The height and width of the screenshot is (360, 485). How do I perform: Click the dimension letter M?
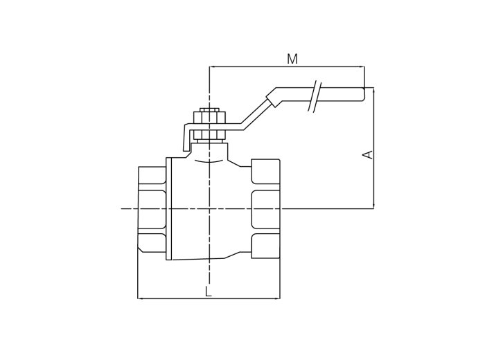[x=292, y=59]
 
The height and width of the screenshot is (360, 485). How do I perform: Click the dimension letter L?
[x=209, y=291]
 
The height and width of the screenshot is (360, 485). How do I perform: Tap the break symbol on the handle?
[x=315, y=96]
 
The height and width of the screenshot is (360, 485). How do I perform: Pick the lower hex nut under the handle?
[x=210, y=135]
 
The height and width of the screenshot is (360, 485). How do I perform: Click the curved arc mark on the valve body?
[x=209, y=161]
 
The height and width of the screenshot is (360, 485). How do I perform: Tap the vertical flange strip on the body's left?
[x=169, y=209]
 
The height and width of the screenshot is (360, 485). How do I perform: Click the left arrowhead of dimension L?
[x=140, y=298]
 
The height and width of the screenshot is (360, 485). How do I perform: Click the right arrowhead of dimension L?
[x=278, y=298]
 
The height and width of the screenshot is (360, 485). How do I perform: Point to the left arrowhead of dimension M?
[x=212, y=66]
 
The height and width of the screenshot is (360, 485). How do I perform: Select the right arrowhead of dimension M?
[x=362, y=66]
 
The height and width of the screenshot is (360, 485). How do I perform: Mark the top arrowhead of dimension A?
[x=374, y=90]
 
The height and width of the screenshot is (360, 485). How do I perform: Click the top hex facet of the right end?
[x=265, y=172]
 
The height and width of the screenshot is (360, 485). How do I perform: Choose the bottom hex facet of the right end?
[x=265, y=246]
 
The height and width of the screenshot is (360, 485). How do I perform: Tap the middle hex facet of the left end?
[x=152, y=209]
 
